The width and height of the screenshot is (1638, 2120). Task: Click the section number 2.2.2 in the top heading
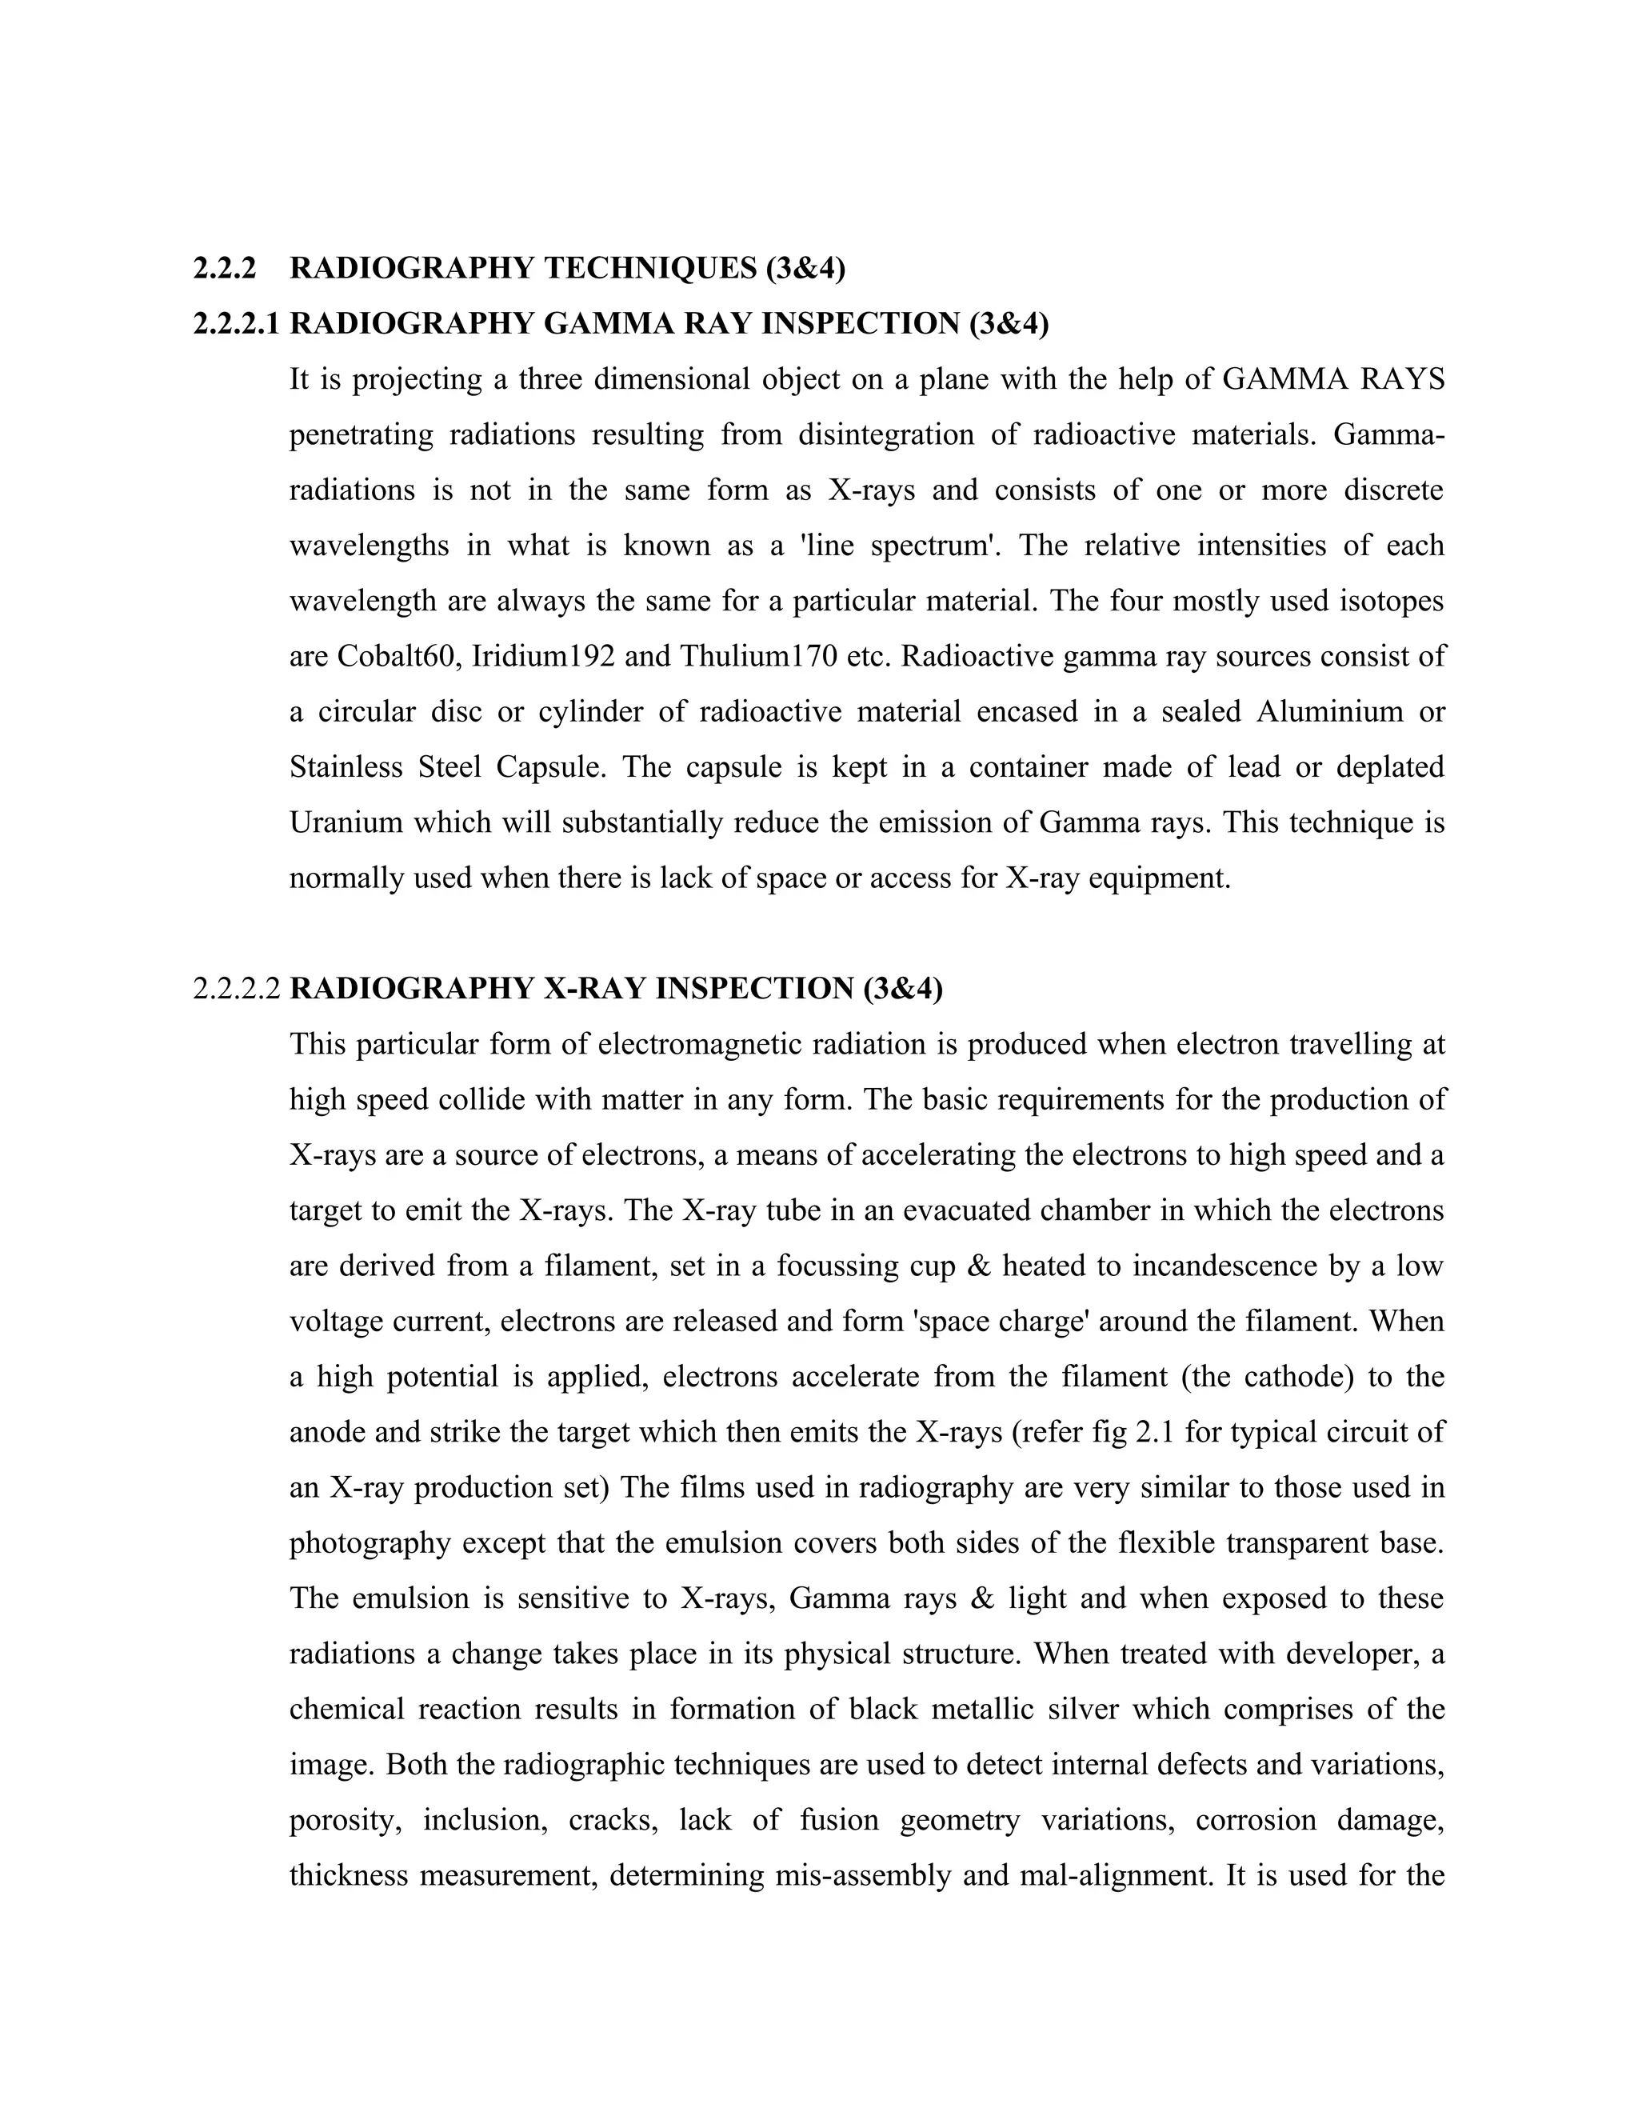point(224,269)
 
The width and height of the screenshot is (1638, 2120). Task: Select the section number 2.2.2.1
point(237,324)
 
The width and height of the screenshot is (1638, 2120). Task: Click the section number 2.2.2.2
point(237,989)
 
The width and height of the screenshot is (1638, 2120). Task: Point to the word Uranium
point(346,823)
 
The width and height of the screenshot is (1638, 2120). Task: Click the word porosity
point(346,1820)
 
